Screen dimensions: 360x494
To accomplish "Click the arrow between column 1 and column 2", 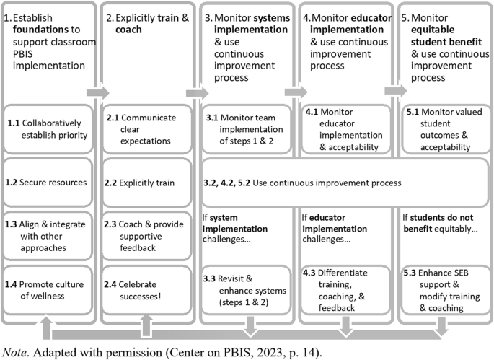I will pos(97,92).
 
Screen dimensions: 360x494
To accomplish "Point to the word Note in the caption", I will pos(14,351).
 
